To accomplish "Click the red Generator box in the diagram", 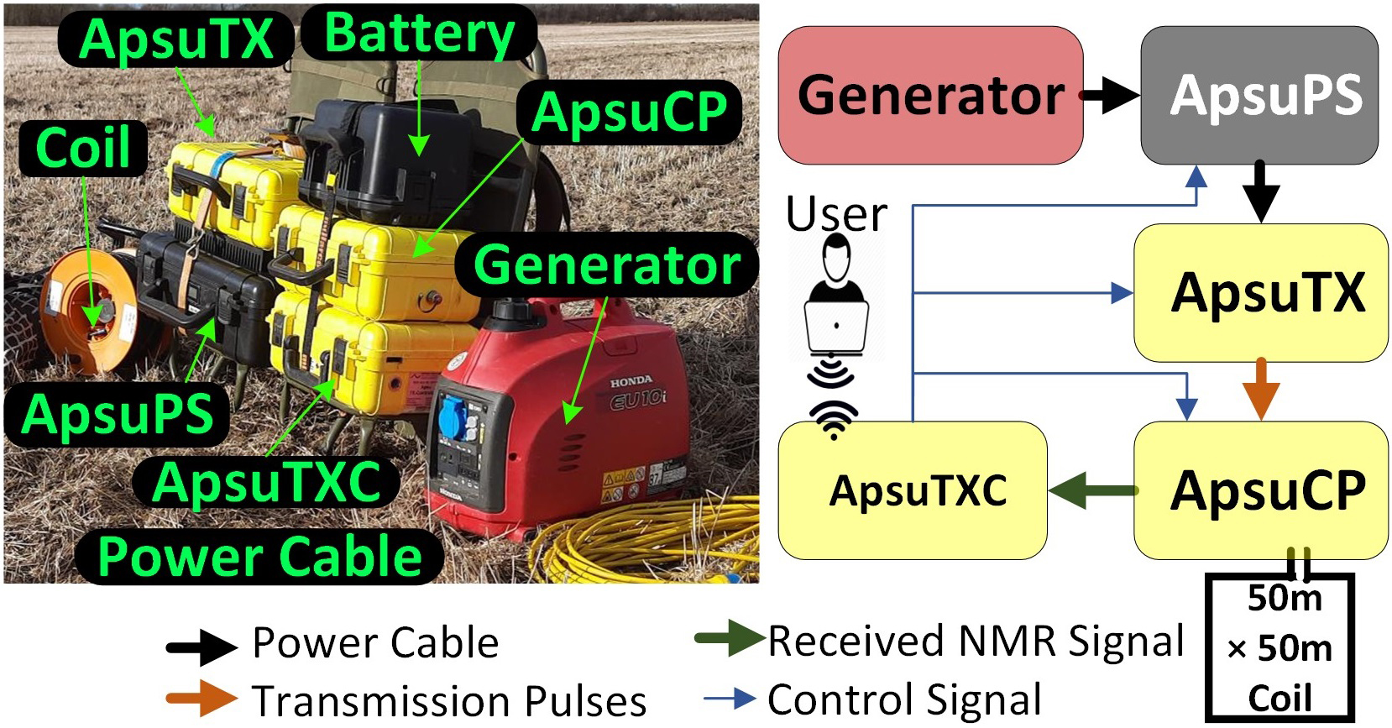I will [x=930, y=95].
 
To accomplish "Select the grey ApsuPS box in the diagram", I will [x=1259, y=95].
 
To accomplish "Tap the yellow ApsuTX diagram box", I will [x=1260, y=292].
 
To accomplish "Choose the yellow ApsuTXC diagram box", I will [x=913, y=490].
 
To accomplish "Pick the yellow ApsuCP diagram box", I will [x=1260, y=490].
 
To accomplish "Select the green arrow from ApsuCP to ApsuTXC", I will [x=1091, y=490].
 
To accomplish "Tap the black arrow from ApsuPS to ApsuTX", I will [x=1260, y=192].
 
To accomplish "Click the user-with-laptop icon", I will [x=835, y=298].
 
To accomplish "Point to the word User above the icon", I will [x=836, y=215].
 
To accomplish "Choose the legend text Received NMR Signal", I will [x=975, y=642].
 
